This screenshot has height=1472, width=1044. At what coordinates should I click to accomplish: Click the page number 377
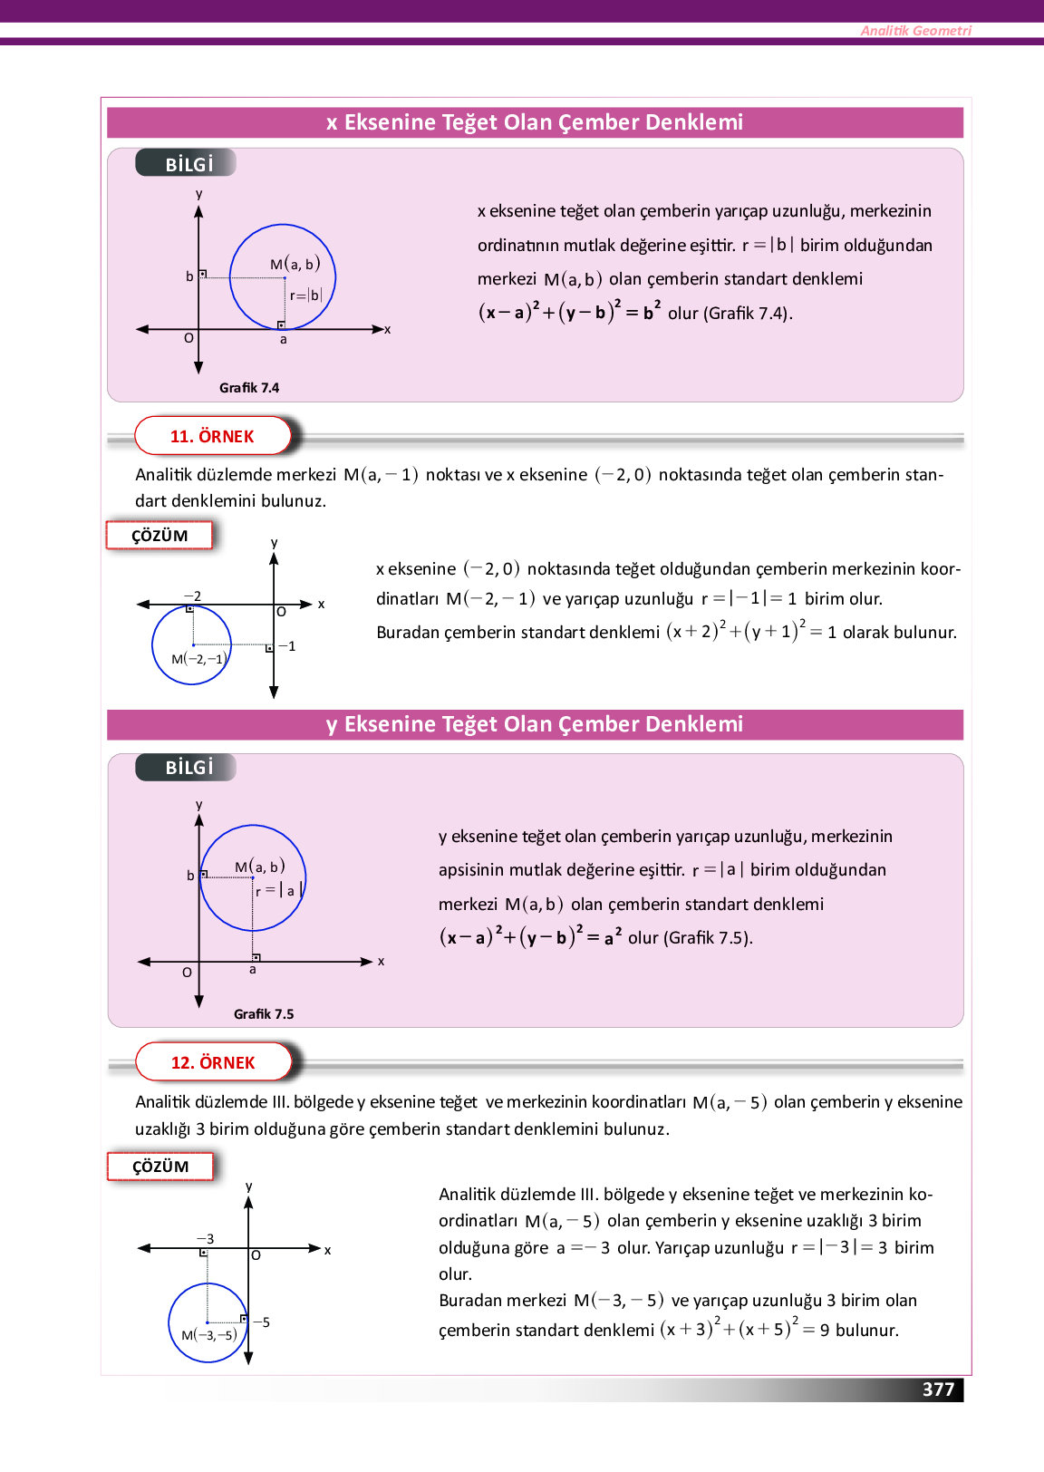coord(938,1390)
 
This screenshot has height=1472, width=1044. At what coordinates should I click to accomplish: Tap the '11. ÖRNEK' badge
coord(212,436)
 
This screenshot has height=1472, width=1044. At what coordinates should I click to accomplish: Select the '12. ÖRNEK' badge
coord(213,1062)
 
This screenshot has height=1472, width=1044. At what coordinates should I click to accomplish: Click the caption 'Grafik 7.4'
coord(249,388)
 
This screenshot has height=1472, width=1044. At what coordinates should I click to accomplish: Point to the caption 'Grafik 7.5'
coord(264,1014)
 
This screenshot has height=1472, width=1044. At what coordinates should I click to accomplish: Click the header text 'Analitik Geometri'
coord(915,31)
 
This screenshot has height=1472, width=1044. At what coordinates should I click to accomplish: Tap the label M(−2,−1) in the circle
coord(198,659)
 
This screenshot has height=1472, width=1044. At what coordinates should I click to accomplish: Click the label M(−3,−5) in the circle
coord(209,1335)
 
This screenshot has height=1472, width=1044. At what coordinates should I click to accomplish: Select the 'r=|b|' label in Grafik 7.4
coord(306,295)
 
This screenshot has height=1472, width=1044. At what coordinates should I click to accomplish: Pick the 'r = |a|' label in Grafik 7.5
coord(276,891)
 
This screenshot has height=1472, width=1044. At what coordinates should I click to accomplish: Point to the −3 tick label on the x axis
coord(206,1239)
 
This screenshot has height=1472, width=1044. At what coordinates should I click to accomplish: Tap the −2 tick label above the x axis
coord(192,596)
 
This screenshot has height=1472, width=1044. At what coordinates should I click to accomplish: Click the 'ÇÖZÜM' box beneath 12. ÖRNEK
coord(160,1167)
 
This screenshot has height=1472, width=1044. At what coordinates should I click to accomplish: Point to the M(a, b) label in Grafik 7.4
coord(295,264)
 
